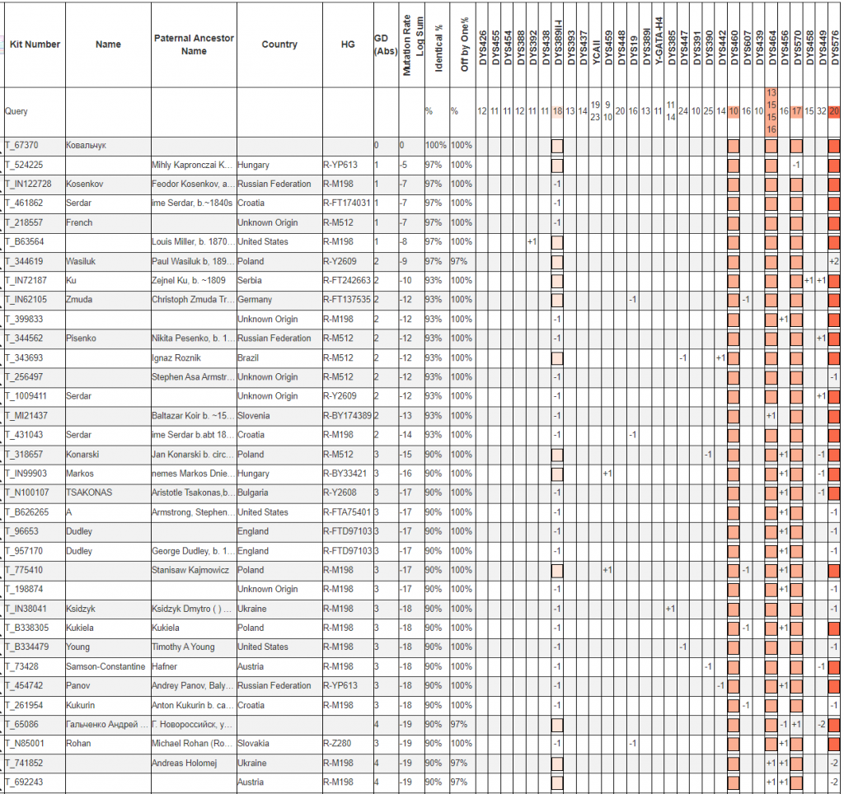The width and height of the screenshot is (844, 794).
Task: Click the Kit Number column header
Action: click(x=35, y=44)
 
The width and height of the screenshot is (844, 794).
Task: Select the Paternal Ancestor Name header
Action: click(x=194, y=44)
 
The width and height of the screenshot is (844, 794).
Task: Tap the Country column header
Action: click(x=279, y=44)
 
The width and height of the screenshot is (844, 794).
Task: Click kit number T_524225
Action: click(x=25, y=165)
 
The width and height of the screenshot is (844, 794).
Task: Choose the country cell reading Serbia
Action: click(x=251, y=281)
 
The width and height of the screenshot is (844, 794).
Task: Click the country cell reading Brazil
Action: click(x=250, y=357)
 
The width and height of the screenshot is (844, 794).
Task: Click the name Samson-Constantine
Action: click(x=105, y=666)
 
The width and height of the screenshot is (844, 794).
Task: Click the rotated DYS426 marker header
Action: click(x=482, y=46)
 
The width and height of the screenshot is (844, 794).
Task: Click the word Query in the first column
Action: click(x=16, y=111)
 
